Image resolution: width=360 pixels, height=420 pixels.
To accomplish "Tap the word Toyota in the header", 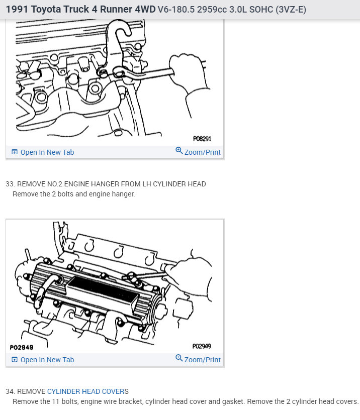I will point(49,10).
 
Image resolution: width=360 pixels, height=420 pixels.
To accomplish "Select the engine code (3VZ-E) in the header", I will point(290,10).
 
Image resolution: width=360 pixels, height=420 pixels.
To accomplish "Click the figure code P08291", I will point(202,138).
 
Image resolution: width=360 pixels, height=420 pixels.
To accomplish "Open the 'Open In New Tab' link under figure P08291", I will point(47,152).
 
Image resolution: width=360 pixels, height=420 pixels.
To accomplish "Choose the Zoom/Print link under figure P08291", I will point(202,152).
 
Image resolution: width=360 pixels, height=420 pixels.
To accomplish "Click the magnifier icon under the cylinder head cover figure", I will point(179,358).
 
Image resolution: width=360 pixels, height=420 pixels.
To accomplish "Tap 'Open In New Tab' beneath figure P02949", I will point(47,360).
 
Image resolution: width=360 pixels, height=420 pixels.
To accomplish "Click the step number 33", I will point(10,184).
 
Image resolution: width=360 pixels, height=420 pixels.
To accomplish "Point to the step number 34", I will point(10,391).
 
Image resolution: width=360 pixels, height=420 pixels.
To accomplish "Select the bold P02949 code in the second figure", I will point(22,347).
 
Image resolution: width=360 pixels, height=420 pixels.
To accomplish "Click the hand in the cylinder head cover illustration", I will point(194,274).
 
